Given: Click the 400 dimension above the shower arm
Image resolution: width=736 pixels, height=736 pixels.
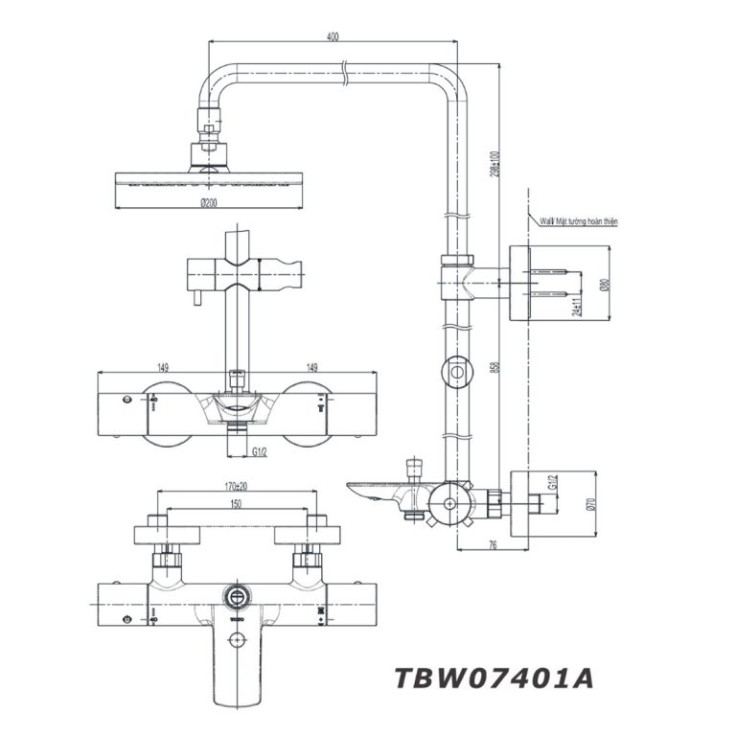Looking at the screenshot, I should coord(332,36).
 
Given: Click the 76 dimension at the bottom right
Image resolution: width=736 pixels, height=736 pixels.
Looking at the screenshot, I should coord(493,544).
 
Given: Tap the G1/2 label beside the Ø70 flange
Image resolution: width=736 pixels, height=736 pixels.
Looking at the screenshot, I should coord(551,484).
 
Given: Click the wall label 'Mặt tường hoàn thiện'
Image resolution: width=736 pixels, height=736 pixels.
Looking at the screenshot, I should coord(579,220).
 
